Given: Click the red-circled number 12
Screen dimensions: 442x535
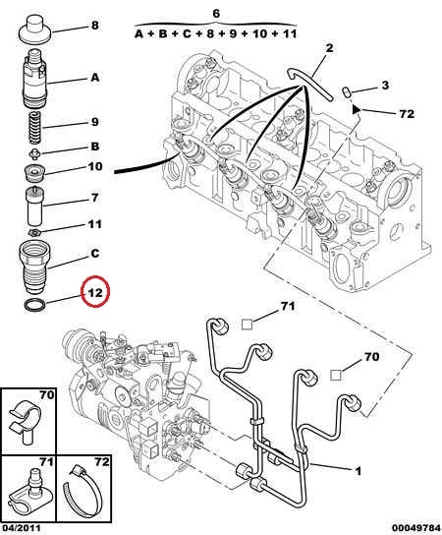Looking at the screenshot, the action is pos(95,292).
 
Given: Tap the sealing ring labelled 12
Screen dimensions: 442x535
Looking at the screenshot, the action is pos(34,304).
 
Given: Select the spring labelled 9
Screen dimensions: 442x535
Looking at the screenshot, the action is pos(34,128).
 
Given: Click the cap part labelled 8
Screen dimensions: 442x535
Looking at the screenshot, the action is pos(34,29).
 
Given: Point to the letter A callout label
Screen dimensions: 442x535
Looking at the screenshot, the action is pos(94,78).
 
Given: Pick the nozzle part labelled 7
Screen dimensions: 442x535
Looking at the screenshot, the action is pos(34,206).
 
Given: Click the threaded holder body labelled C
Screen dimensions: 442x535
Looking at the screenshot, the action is pos(34,268).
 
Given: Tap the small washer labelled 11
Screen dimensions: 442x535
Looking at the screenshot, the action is pos(34,233).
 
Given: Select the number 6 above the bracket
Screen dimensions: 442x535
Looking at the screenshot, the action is pos(216,14).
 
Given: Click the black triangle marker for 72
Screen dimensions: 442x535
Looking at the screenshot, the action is pos(357,109).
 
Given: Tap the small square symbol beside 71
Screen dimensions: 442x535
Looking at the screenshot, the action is pos(247,325).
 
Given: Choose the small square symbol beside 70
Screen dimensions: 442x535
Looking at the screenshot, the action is pos(336,375).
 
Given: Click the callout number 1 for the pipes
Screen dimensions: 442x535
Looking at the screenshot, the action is pos(358,471).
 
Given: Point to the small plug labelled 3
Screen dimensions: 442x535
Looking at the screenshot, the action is pos(347,92).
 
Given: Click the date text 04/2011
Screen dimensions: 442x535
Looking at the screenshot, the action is pos(21,528).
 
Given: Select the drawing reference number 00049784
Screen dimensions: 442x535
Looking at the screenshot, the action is pos(415,528).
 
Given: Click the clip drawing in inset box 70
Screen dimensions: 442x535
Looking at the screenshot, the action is pos(25,423).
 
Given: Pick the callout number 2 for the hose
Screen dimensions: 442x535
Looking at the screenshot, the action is pos(329,48).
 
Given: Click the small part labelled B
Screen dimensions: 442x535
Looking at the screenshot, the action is pos(34,154).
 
